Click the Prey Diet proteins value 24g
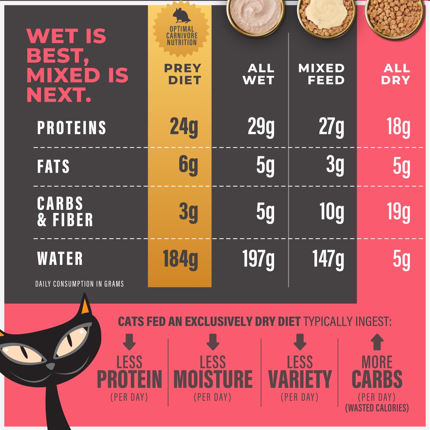click(x=184, y=128)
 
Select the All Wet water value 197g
click(x=258, y=259)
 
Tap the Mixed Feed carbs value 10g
click(x=332, y=212)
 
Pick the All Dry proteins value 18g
click(x=398, y=128)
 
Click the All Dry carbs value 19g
click(x=398, y=212)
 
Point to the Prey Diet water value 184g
click(x=180, y=259)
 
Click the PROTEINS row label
click(x=72, y=128)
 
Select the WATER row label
click(x=60, y=259)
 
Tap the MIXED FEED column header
click(x=321, y=74)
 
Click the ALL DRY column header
click(x=396, y=74)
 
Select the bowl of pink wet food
click(x=255, y=14)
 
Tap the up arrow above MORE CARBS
click(x=377, y=342)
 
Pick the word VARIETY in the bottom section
click(x=300, y=379)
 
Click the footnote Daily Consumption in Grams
click(x=80, y=284)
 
